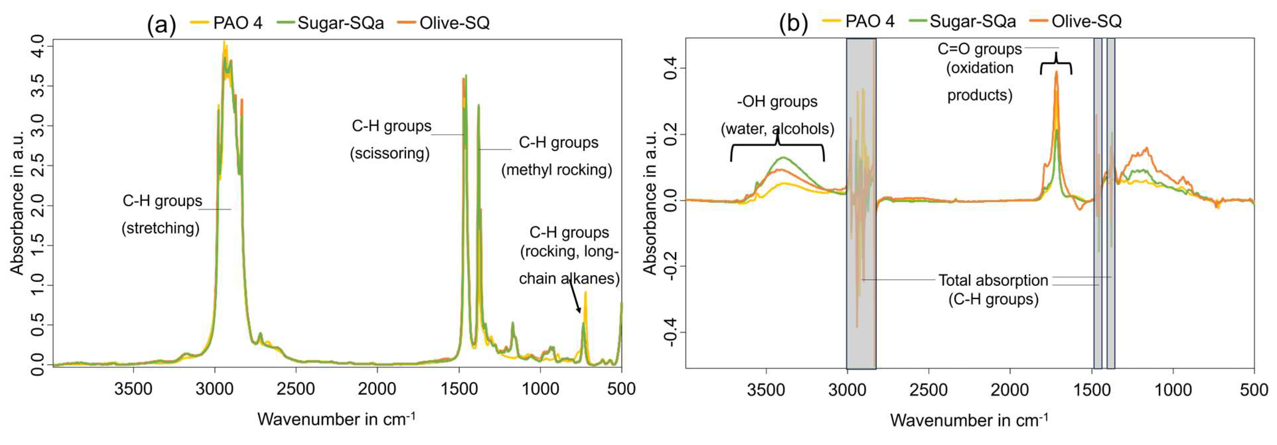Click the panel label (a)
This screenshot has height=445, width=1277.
161,24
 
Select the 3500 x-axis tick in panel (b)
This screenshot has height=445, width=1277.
766,390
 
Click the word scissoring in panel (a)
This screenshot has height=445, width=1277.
390,153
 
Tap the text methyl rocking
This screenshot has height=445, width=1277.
557,170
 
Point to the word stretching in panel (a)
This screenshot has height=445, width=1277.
161,228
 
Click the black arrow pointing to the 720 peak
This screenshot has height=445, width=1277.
575,297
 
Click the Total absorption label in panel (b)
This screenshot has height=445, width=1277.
993,281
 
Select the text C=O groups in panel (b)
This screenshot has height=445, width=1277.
979,49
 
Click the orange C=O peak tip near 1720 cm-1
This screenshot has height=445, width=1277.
1056,72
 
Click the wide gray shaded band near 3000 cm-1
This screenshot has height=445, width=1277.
861,203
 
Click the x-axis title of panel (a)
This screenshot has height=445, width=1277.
336,419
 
